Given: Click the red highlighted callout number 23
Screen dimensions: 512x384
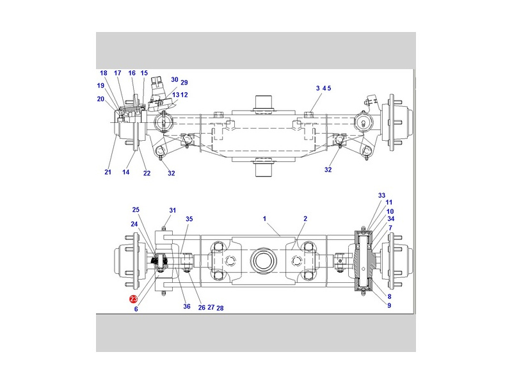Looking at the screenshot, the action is point(134,299).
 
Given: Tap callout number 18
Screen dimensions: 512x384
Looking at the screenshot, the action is point(104,73).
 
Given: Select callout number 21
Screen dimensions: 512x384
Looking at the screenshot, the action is point(108,172).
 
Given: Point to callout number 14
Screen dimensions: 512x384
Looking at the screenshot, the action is point(125,172).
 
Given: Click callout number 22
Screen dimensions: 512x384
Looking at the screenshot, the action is point(147,173).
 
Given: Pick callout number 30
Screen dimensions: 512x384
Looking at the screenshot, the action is point(175,79).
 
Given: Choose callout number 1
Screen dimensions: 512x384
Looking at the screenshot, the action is point(264,219).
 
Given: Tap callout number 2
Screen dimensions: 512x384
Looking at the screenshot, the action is point(305,219).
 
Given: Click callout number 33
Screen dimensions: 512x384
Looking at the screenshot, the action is point(381,195).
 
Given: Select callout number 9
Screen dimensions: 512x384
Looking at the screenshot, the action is point(389,306).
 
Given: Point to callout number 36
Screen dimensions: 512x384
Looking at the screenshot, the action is point(187,307).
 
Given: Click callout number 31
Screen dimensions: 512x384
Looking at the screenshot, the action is point(173,211).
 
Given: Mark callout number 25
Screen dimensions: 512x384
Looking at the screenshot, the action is point(136,210).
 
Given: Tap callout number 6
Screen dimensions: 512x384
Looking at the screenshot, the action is point(136,309).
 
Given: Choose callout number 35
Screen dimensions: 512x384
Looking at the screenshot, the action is point(189,219).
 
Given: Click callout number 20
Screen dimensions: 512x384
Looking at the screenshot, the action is point(100,99).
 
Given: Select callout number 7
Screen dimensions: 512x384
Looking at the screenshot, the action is point(390,228).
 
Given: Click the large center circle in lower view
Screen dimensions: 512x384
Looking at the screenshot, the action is point(264,260).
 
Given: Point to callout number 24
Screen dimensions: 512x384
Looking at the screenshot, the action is point(134,224).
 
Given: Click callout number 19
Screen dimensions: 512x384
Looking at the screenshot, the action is point(100,86).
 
